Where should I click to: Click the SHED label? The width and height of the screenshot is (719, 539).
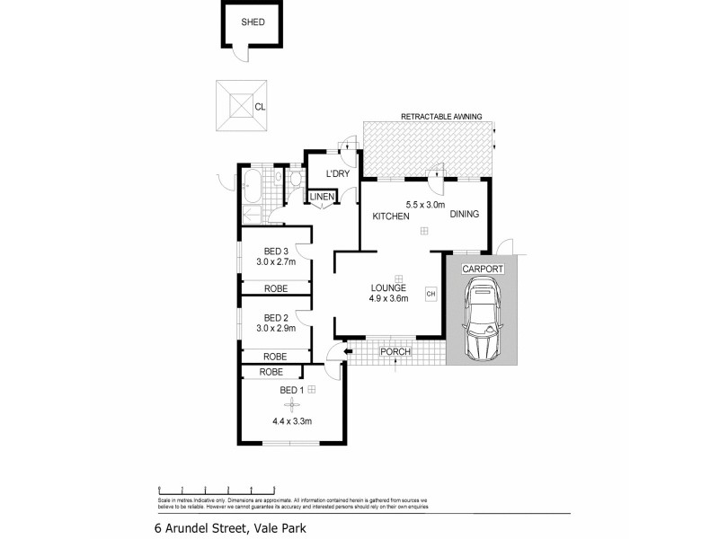[x=253, y=22]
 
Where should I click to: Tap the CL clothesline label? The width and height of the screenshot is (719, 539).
[x=260, y=107]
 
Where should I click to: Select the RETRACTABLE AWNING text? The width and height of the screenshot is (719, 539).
[x=441, y=117]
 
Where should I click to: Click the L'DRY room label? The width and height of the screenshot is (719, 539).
[x=338, y=173]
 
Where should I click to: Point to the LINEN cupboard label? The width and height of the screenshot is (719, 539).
[x=323, y=198]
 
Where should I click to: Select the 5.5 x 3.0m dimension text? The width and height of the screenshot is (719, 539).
[x=426, y=204]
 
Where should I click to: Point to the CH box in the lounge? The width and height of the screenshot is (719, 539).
[x=430, y=294]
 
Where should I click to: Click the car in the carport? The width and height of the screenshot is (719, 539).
[x=482, y=318]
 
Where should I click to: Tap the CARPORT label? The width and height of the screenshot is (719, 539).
[x=482, y=269]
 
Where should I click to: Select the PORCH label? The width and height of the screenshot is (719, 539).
[x=395, y=351]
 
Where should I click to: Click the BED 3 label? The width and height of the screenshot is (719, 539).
[x=276, y=251]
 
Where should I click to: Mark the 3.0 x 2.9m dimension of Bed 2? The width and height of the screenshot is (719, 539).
[x=276, y=329]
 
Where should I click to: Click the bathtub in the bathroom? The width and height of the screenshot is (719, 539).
[x=252, y=188]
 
